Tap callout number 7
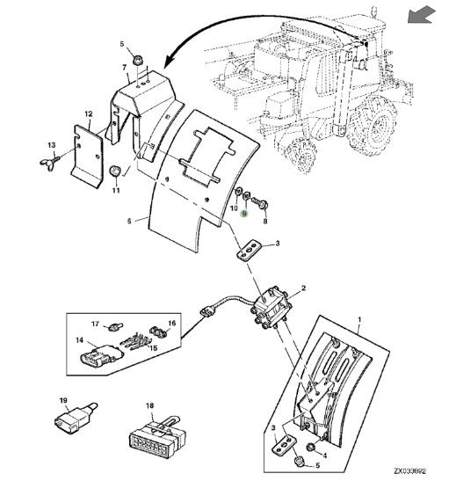[x=125, y=67]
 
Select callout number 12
[x=89, y=114]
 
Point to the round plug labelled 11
[x=115, y=171]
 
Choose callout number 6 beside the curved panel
[x=129, y=221]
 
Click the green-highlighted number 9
[x=244, y=214]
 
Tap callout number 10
[x=234, y=208]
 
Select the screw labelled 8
[x=260, y=203]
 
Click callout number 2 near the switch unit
[x=303, y=288]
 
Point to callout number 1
[x=359, y=320]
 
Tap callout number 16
[x=172, y=323]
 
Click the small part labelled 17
[x=116, y=327]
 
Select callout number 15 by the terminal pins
[x=153, y=348]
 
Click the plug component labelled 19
[x=76, y=418]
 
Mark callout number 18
[x=149, y=406]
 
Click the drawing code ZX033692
[x=409, y=470]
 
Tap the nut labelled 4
[x=311, y=448]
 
